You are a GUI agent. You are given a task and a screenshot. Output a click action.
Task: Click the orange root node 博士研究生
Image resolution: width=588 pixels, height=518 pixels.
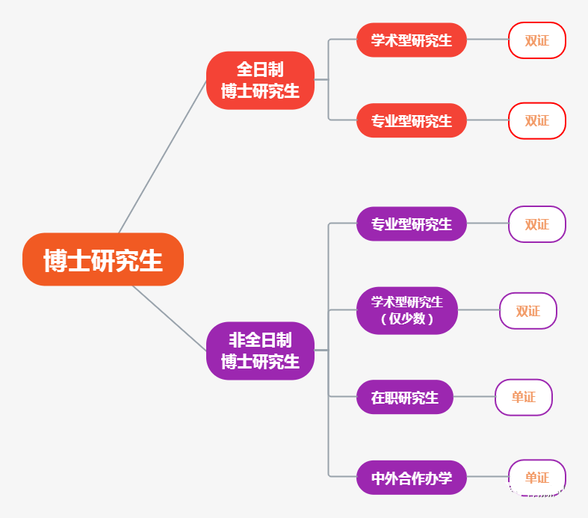[103, 259]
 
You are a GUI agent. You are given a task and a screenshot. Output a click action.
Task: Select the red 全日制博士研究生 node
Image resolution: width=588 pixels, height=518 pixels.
[260, 81]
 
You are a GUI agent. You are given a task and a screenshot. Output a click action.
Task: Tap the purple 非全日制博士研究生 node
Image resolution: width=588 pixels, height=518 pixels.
[260, 351]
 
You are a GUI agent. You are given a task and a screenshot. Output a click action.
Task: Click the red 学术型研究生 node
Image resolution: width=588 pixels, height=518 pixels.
[412, 40]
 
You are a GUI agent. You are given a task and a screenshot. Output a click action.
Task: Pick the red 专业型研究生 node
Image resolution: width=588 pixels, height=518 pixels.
[412, 120]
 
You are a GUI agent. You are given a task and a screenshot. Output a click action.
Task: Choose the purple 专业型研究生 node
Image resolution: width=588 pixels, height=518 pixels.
[412, 224]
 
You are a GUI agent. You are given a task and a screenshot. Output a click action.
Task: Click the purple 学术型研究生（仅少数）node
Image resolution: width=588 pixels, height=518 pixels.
[407, 310]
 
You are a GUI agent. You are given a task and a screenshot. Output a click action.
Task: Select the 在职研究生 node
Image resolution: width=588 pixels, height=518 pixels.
[405, 398]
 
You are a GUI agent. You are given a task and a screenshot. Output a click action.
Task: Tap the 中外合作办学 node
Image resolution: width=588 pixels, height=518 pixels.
[412, 478]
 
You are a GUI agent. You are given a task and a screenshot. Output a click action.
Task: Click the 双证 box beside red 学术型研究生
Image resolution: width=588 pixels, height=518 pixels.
[537, 40]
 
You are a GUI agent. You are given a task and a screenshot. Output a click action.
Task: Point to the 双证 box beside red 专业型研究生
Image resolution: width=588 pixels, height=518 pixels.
[537, 120]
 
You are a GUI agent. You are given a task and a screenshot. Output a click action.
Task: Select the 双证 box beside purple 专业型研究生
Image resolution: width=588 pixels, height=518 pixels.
[537, 224]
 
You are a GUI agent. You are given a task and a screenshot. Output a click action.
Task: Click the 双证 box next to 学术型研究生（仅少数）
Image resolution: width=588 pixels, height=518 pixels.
[528, 311]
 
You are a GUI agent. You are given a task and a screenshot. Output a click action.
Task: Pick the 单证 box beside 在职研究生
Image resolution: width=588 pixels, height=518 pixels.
[524, 398]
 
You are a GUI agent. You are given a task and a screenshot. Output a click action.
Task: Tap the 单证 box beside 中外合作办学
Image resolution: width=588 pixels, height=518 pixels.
[537, 478]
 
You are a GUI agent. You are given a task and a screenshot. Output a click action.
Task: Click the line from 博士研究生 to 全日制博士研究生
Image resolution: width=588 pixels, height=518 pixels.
[162, 157]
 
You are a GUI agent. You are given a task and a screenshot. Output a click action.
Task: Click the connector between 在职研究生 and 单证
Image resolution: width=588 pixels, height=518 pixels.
[474, 397]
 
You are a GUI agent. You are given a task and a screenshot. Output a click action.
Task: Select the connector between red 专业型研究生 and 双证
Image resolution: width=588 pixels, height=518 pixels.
[487, 120]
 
